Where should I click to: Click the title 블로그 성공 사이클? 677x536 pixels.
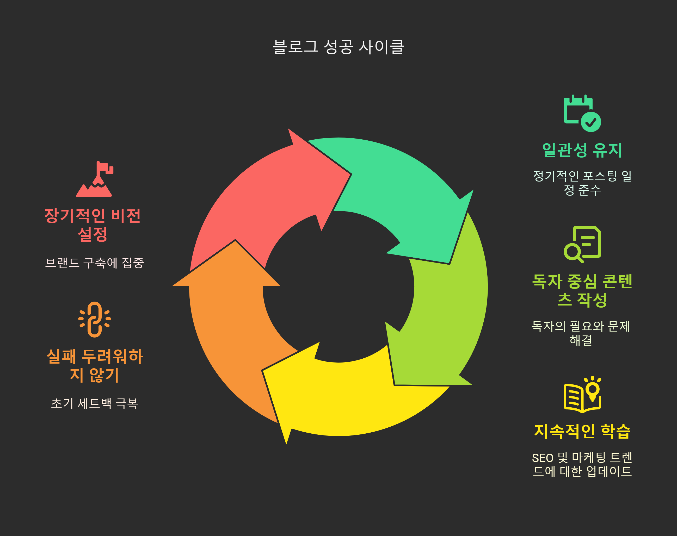click(x=338, y=47)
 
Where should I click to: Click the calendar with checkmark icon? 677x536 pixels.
click(x=582, y=113)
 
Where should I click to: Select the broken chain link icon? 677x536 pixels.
click(x=95, y=320)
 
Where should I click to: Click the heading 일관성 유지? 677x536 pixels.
click(x=582, y=150)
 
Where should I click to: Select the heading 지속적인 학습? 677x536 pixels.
click(x=582, y=431)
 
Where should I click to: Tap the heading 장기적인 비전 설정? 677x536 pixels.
click(x=93, y=225)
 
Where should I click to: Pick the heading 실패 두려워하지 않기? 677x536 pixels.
click(x=95, y=365)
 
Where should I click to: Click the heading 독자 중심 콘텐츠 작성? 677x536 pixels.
click(x=582, y=290)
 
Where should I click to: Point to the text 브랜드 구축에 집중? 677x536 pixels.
click(x=95, y=263)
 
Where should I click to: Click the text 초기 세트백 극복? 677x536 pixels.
click(x=95, y=403)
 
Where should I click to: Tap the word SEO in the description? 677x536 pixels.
click(x=543, y=458)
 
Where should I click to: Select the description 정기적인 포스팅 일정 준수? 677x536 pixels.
click(x=582, y=183)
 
